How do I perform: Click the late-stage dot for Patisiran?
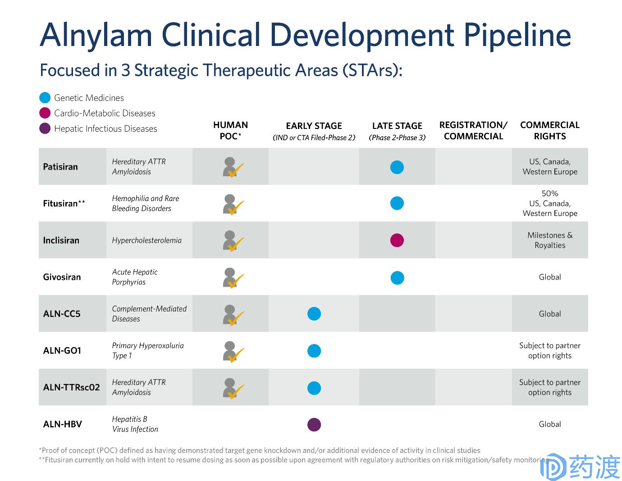click(x=397, y=167)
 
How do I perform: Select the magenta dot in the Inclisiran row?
click(x=397, y=240)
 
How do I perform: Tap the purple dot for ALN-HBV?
click(x=314, y=424)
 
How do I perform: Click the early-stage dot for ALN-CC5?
click(x=314, y=314)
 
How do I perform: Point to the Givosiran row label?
click(x=62, y=277)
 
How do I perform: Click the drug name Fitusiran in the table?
click(x=60, y=204)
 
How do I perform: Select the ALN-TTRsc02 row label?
click(x=71, y=387)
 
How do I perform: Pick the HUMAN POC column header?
click(x=230, y=130)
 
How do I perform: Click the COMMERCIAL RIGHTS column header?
click(x=549, y=130)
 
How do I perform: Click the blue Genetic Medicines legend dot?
click(x=45, y=98)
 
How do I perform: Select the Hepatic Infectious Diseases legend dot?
click(x=45, y=128)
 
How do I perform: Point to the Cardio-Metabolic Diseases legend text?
click(x=105, y=113)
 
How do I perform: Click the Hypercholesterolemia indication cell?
click(x=146, y=240)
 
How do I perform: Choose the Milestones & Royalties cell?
click(x=549, y=240)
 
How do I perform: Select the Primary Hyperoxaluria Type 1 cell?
click(x=147, y=351)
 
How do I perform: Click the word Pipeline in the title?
click(x=517, y=35)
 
